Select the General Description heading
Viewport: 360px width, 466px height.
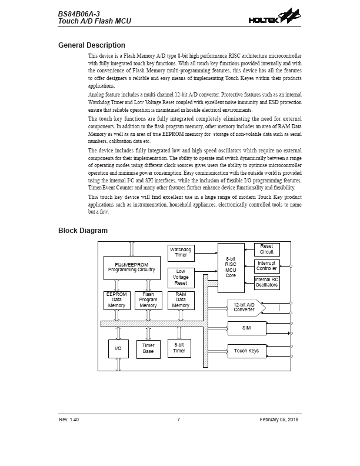92,45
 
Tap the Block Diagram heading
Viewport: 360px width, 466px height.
83,231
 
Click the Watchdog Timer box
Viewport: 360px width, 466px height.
181,253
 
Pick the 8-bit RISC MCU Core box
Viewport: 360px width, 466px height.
231,267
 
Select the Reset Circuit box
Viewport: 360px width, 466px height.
266,249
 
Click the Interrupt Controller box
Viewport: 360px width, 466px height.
266,266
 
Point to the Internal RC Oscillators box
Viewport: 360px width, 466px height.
266,282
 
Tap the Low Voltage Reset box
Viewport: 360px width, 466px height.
181,278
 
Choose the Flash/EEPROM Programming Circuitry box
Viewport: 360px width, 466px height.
131,268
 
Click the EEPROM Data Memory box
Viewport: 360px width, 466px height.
116,300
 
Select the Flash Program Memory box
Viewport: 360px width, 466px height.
148,300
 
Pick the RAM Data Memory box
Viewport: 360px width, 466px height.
181,300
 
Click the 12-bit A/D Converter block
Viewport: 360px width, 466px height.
245,308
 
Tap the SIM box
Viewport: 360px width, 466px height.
246,328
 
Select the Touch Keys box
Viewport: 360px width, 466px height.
246,351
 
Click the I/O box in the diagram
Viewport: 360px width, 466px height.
118,349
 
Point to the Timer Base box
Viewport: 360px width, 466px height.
148,349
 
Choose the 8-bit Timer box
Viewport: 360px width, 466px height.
179,348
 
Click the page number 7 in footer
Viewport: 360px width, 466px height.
178,420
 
